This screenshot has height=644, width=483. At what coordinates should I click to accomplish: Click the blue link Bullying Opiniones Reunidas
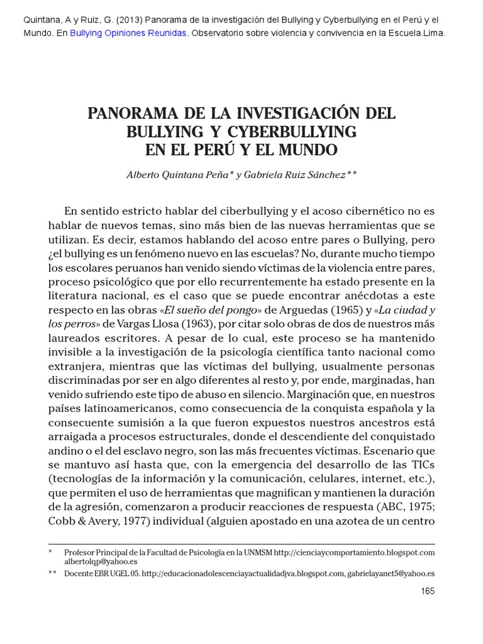pyautogui.click(x=128, y=34)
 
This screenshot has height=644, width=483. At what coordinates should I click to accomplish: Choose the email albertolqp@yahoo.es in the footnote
pyautogui.click(x=101, y=562)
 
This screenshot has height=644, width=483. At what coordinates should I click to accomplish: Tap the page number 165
pyautogui.click(x=427, y=591)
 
